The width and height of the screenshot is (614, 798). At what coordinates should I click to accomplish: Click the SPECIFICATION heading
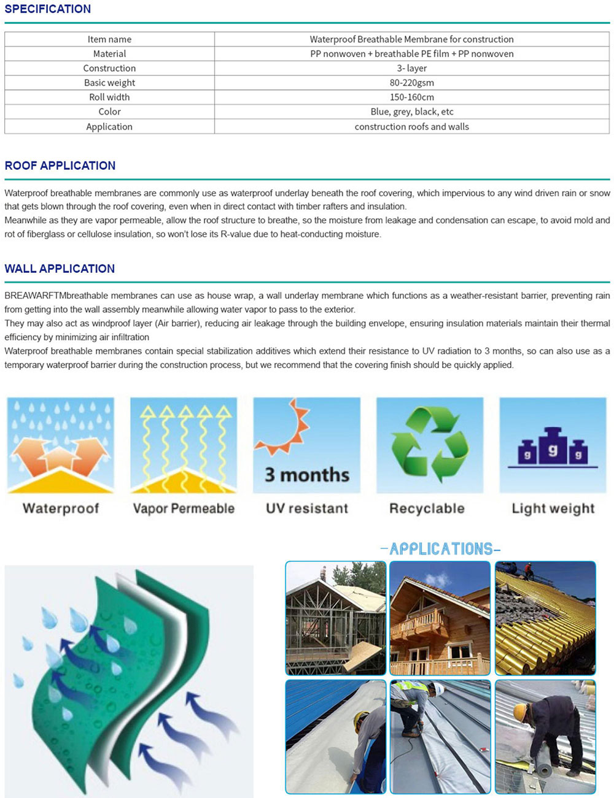tap(47, 9)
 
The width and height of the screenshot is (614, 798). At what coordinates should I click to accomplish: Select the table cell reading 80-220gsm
tap(411, 83)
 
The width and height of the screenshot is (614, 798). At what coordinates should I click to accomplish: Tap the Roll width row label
tap(109, 97)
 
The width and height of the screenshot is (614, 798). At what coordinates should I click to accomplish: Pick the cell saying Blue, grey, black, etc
tap(411, 112)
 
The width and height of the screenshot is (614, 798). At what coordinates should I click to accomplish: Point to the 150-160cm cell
tap(411, 97)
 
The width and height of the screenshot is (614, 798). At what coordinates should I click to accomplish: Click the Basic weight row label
tap(109, 83)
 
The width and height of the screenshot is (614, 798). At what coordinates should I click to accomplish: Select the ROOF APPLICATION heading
tap(60, 166)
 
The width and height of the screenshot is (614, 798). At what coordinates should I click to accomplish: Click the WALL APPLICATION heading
tap(60, 269)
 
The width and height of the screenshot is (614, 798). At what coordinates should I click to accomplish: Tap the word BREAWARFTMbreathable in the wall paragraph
tap(47, 296)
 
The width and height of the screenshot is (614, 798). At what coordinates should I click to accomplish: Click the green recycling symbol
tap(429, 444)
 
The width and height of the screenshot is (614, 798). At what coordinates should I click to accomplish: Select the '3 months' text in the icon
tap(307, 475)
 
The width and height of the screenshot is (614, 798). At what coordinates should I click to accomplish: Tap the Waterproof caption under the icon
tap(61, 508)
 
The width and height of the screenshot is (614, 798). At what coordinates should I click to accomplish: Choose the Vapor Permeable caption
tap(184, 508)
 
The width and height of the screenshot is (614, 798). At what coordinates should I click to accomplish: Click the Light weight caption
tap(553, 508)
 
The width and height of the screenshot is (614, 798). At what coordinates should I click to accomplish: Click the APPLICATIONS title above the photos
tap(440, 549)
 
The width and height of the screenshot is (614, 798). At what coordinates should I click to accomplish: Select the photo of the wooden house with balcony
tap(440, 618)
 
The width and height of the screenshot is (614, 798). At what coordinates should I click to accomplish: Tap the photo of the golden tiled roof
tap(545, 618)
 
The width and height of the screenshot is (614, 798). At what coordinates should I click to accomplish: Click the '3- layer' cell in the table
tap(411, 68)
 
